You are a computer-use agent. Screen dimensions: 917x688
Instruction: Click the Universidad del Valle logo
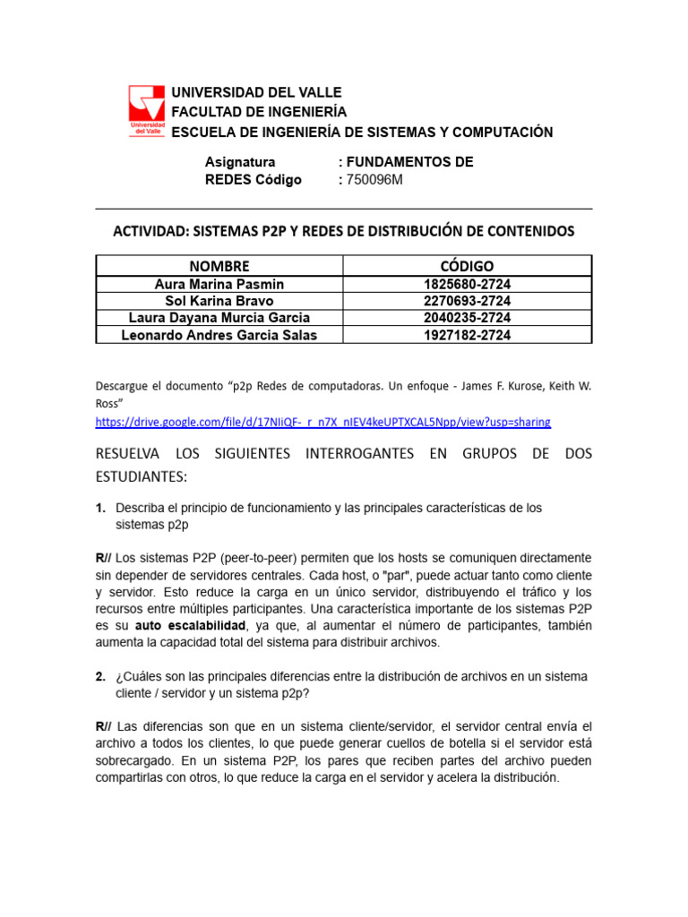click(147, 112)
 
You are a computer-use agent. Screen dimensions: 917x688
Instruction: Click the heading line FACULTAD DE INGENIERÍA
click(259, 112)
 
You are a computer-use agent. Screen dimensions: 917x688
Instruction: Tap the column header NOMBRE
click(219, 265)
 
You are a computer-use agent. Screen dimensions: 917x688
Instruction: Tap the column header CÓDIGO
click(467, 265)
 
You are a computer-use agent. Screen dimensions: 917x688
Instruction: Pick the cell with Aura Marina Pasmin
click(219, 284)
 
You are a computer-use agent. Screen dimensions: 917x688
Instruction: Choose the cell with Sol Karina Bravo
click(219, 301)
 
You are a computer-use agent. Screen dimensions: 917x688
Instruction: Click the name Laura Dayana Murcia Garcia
click(219, 318)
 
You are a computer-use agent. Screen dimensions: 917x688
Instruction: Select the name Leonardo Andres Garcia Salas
click(219, 335)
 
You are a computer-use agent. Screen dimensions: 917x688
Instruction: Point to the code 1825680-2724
click(467, 284)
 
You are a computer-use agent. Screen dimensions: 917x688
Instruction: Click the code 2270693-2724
click(467, 301)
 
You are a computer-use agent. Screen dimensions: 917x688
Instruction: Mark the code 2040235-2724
click(467, 318)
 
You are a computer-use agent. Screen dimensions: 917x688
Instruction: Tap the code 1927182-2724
click(467, 335)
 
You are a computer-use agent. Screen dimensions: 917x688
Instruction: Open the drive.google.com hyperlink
click(323, 421)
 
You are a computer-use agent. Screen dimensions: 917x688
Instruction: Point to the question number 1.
click(100, 508)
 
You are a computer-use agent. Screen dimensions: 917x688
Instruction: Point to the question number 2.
click(100, 675)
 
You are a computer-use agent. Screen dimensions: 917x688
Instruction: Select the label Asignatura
click(240, 162)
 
